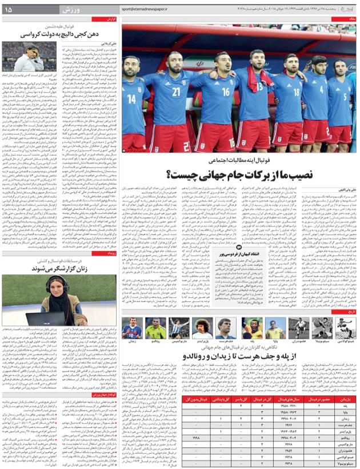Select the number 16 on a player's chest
coord(226,92)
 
